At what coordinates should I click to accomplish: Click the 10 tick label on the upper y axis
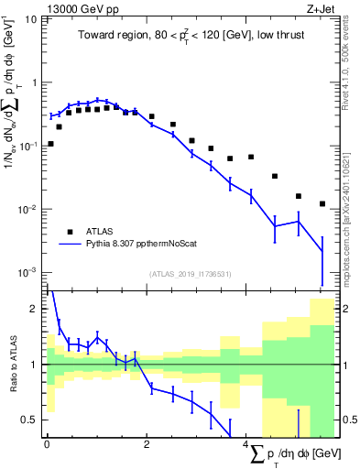[x=31, y=19]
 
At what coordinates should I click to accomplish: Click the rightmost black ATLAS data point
[x=322, y=203]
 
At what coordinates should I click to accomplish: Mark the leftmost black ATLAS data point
[x=50, y=144]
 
